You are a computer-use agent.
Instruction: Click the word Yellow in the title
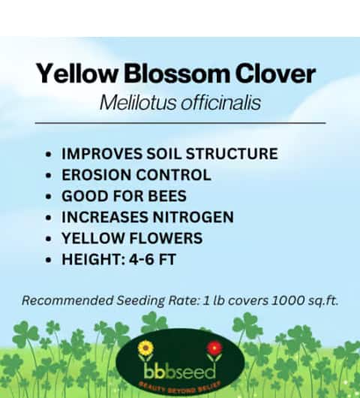pos(77,73)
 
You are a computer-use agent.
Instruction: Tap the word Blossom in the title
pos(176,73)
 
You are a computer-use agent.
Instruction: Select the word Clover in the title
pos(275,73)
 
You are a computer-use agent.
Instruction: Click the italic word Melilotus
pos(138,103)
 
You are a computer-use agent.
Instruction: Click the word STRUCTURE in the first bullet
pos(232,153)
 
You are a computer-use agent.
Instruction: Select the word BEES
pos(167,196)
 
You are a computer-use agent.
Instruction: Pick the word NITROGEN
pos(193,217)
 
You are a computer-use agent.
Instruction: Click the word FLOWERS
pos(166,238)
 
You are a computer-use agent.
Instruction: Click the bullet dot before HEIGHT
pos(49,260)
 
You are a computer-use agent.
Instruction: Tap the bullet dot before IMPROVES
pos(49,155)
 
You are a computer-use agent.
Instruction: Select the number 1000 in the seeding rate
pos(288,300)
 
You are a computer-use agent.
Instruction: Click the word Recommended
pos(67,300)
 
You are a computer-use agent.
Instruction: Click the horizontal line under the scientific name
pos(180,123)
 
